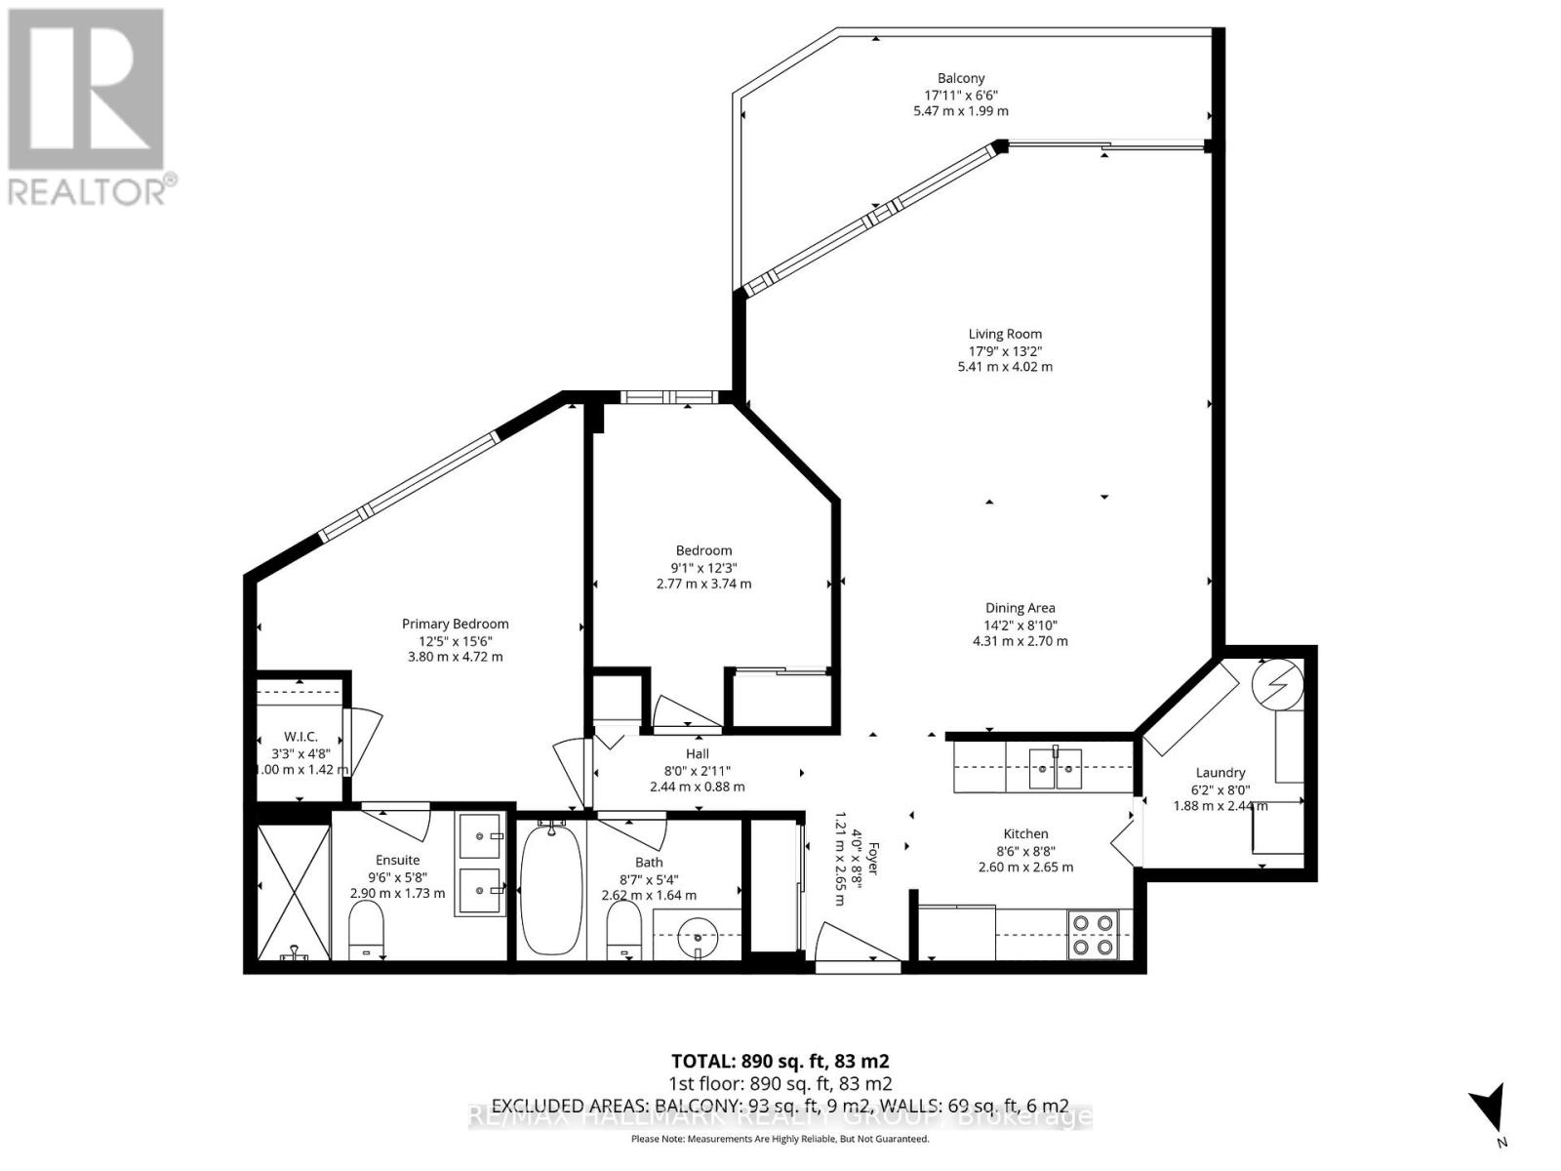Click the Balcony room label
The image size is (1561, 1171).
[961, 78]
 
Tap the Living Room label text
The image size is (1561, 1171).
[1005, 334]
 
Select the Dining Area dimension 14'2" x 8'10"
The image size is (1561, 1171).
[1020, 626]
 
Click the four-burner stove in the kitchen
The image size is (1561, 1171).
[1093, 933]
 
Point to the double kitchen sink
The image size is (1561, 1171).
[1056, 767]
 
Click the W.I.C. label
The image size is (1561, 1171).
[300, 736]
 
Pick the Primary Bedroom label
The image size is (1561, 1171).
[455, 624]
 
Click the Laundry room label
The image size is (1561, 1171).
[1220, 772]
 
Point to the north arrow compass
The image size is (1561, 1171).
[1489, 1111]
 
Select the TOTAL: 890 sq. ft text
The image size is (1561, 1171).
[780, 1061]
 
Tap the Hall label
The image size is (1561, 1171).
[697, 753]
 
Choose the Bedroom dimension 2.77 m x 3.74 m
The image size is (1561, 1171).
[703, 584]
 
